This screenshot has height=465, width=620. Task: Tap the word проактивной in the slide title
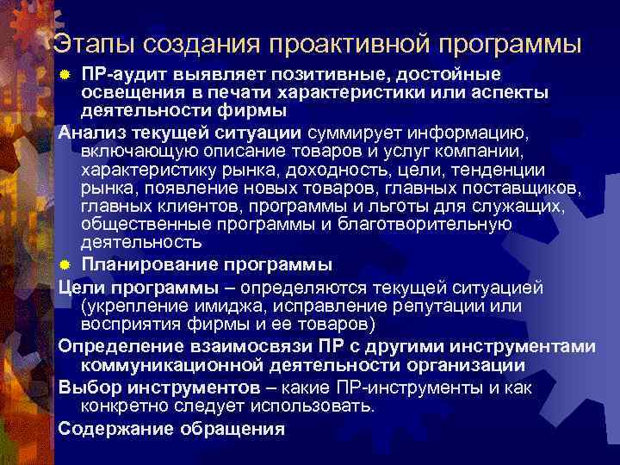click(355, 43)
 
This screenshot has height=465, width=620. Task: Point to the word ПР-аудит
click(117, 74)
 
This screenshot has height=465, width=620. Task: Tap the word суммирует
click(355, 132)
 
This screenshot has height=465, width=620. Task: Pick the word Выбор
click(87, 387)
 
